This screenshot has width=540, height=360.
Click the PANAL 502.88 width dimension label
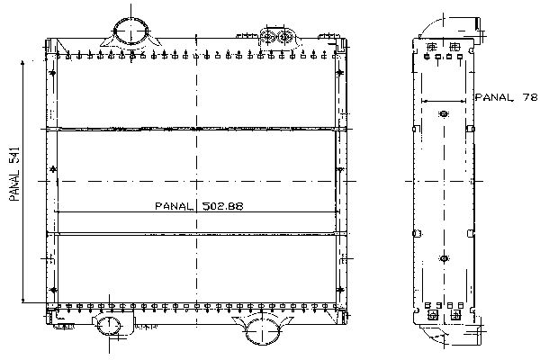pos(199,206)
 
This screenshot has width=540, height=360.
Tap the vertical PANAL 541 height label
pos(14,174)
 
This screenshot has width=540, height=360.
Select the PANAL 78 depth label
pos(506,97)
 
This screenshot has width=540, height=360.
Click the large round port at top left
pos(130,31)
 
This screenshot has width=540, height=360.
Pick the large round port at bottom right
pos(263,329)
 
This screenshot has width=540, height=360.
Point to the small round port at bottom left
pos(109,326)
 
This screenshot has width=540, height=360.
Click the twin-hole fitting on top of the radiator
pos(276,37)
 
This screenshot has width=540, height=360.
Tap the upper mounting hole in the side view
pos(444,113)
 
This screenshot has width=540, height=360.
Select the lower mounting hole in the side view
pos(444,258)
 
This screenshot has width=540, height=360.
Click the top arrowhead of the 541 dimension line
pos(22,62)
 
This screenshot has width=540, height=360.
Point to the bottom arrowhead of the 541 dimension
pos(22,301)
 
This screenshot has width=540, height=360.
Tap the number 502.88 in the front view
pos(222,206)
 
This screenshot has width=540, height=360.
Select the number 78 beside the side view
pos(530,97)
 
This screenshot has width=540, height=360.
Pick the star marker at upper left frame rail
pos(52,73)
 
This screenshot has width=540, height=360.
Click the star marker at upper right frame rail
pos(340,72)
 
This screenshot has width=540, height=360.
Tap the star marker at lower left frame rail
pos(53,290)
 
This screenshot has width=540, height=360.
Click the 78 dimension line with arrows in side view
pos(444,102)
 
